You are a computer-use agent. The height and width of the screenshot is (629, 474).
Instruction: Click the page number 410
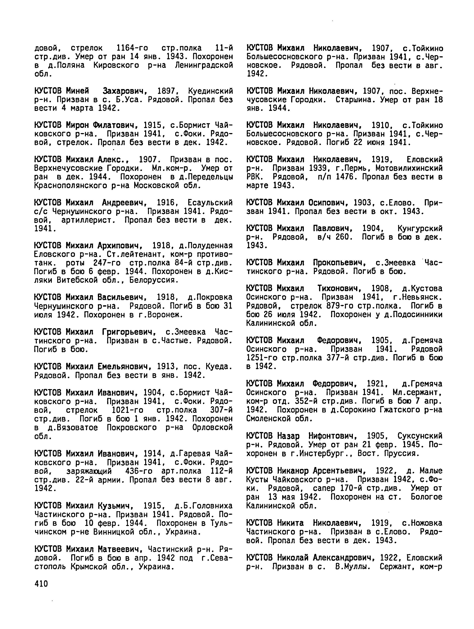41,584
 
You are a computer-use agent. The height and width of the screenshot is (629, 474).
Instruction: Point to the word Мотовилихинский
409,168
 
